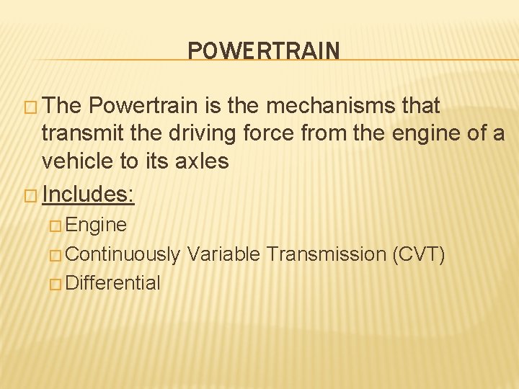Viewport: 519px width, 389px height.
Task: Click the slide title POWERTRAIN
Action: tap(263, 50)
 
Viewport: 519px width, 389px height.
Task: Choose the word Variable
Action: tap(223, 254)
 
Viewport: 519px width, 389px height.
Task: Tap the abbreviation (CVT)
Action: tap(418, 254)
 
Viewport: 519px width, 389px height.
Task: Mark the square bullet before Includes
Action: tap(30, 194)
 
